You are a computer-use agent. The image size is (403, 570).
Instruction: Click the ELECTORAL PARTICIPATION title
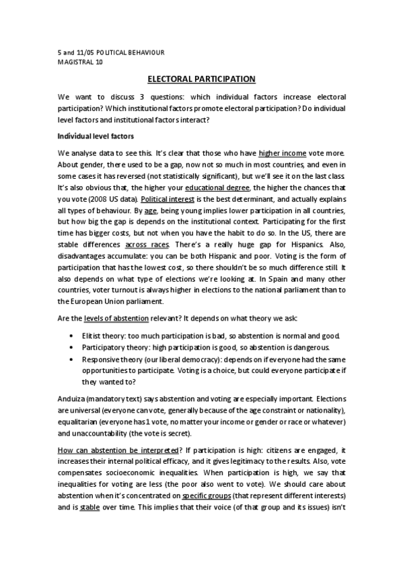(201, 79)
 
